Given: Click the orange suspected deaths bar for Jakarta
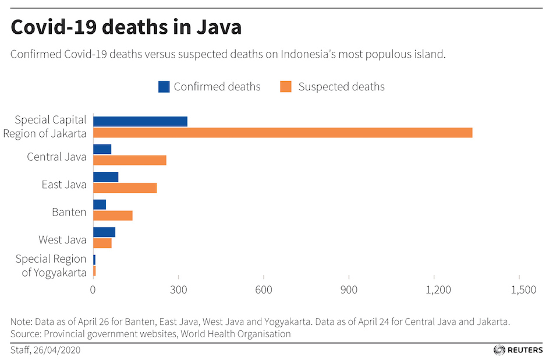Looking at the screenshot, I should click(282, 133).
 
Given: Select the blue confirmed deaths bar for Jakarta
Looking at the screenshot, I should click(140, 121).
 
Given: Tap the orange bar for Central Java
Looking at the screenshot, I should click(130, 160).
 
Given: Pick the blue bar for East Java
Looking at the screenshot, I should click(105, 177).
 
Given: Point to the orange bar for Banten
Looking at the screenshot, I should click(113, 216).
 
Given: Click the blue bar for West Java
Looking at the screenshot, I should click(104, 232).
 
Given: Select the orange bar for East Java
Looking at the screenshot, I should click(125, 188).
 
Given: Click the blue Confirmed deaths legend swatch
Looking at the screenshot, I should click(164, 87).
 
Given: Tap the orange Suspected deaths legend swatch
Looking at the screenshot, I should click(285, 87).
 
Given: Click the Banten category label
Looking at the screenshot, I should click(69, 212).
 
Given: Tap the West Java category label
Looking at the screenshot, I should click(62, 239).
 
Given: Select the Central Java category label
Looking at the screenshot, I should click(56, 157).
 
